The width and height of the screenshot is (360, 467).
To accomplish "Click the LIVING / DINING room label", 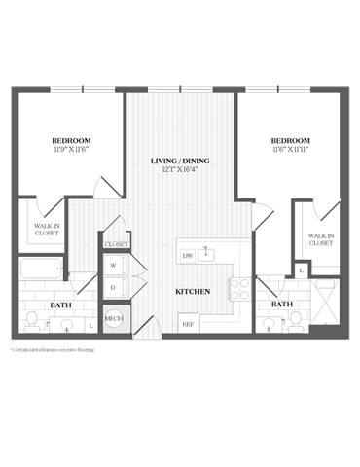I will pos(181,161).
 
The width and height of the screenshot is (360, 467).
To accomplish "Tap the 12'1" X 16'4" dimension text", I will pos(181,171).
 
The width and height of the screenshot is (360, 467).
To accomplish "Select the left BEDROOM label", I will pos(69,142).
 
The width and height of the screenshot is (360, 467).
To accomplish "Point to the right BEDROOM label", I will pos(289,142).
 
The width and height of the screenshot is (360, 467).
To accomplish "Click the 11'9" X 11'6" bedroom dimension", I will pos(69,152).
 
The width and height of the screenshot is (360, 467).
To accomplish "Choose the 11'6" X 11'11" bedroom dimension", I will pos(289,152).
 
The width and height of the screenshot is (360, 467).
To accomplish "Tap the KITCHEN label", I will pos(192,291).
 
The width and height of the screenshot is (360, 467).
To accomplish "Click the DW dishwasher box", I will pos(188,256).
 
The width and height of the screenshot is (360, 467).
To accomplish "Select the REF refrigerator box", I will pos(188,323).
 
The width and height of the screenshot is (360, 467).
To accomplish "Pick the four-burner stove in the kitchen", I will pos(237,287).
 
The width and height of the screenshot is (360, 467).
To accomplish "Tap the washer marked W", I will pos(114,265).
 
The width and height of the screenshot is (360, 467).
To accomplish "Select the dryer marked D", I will pos(114,287).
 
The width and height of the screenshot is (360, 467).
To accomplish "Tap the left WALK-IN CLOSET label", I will pos(40,231).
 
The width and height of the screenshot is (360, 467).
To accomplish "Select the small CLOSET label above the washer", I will pos(116,244).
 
